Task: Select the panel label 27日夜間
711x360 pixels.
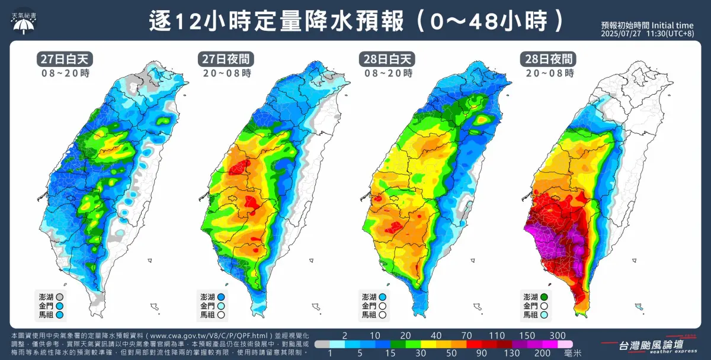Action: coord(225,59)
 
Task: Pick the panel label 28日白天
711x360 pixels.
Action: coord(387,59)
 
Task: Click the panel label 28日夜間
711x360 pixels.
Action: coord(548,59)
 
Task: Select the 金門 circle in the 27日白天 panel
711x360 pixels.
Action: coord(59,306)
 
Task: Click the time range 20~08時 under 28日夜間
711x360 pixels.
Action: coord(548,73)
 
